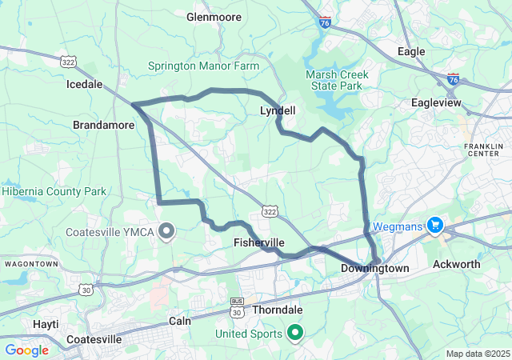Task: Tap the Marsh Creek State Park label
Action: tap(337, 81)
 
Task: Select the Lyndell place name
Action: tap(278, 111)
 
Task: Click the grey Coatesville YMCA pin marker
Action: tap(167, 231)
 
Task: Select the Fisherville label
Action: tap(258, 242)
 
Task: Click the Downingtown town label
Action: tap(374, 268)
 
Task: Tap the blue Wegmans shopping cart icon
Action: tap(435, 226)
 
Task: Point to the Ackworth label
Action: tap(457, 264)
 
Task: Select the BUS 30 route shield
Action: tap(237, 304)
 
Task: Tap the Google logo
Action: tap(27, 350)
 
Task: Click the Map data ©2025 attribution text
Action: tap(477, 354)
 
